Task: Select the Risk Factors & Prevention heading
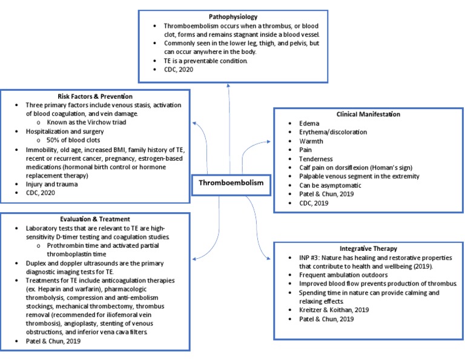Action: [95, 96]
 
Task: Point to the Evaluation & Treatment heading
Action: [94, 219]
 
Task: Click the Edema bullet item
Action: [309, 123]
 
